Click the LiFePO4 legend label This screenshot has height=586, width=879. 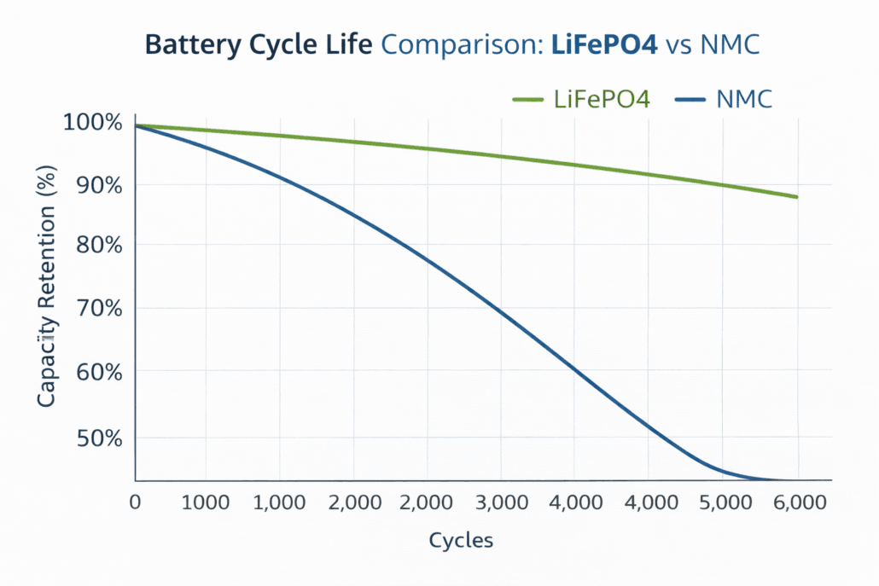click(x=602, y=100)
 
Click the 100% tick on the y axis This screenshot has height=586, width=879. click(x=93, y=123)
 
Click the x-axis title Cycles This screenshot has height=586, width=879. click(x=461, y=541)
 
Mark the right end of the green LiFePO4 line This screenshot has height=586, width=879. click(x=796, y=197)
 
